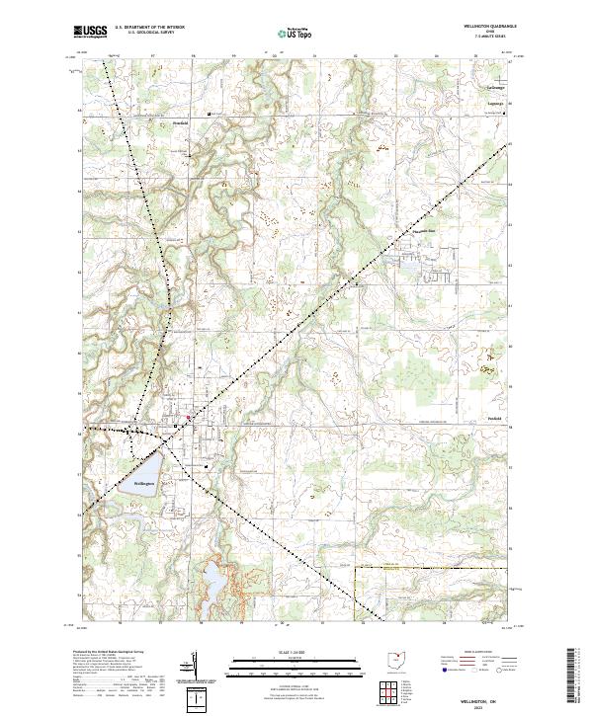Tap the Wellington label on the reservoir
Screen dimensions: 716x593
tap(145, 483)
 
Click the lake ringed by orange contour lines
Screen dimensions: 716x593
tap(212, 577)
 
